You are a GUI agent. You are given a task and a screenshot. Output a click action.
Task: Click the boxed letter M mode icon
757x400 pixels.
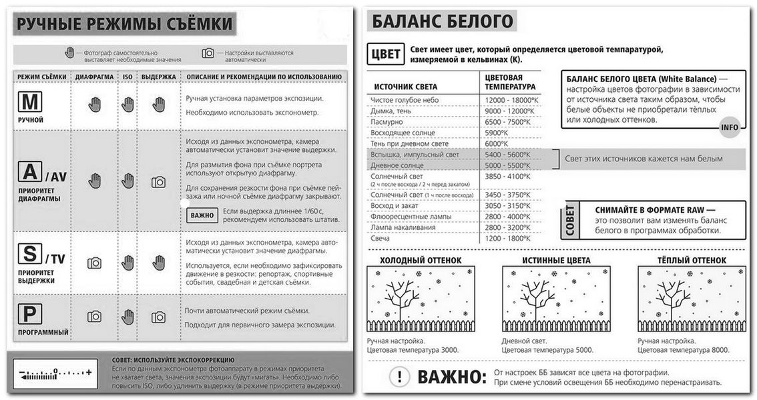30,102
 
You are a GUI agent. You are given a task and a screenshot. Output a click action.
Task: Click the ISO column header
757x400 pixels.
128,77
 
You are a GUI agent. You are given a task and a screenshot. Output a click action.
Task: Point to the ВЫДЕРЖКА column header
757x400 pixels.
159,77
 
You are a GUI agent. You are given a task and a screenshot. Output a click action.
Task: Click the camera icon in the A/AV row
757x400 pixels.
159,181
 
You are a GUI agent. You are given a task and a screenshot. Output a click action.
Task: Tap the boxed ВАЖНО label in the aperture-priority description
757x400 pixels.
202,215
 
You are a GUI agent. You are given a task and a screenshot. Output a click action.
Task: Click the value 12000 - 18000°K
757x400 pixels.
508,100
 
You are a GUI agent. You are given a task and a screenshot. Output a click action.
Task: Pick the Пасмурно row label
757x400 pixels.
387,122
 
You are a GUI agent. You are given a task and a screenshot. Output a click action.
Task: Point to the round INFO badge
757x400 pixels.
730,127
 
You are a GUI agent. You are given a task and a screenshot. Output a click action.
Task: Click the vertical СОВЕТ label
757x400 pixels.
570,221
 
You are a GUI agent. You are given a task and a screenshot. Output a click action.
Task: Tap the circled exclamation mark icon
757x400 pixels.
399,377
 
